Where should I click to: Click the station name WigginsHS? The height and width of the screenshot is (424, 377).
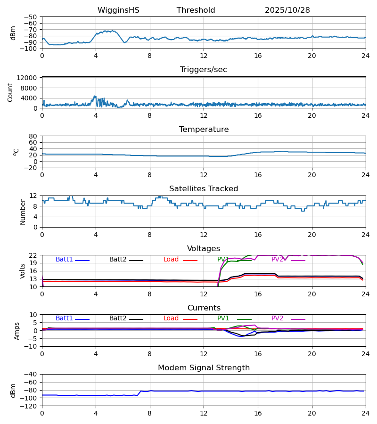(x=118, y=10)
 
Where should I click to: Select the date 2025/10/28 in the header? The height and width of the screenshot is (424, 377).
(x=287, y=10)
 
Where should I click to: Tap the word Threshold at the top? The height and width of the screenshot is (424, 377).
(x=196, y=10)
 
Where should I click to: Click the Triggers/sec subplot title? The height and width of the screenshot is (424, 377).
(x=203, y=70)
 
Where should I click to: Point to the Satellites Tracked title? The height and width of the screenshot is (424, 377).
(x=203, y=189)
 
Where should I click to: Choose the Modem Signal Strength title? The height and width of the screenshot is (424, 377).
(x=203, y=368)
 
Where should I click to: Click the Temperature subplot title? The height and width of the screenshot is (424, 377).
(x=203, y=130)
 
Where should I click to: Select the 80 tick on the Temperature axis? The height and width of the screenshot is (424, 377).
(x=33, y=136)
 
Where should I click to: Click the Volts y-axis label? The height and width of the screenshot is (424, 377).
(x=23, y=271)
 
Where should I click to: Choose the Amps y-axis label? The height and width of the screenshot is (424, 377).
(x=17, y=331)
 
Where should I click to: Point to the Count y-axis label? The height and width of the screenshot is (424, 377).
(x=10, y=92)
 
